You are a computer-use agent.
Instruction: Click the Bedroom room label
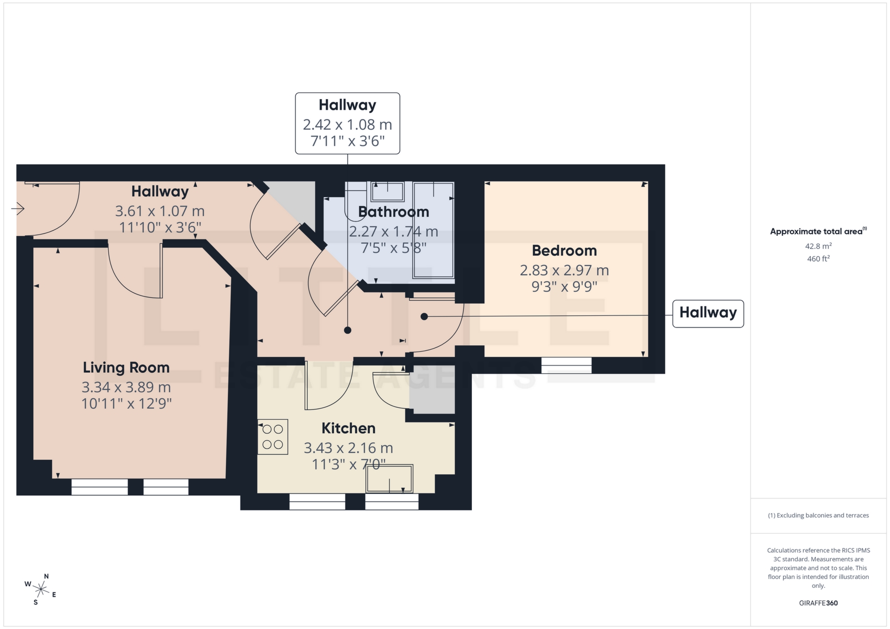point(564,251)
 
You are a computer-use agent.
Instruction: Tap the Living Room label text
point(126,367)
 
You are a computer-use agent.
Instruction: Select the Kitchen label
point(348,428)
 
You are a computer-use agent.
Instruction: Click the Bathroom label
point(394,212)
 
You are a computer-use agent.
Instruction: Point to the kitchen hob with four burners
point(273,437)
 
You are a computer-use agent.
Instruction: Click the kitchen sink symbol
point(389,478)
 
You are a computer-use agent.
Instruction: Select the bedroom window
point(566,365)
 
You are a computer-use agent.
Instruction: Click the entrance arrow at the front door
point(18,209)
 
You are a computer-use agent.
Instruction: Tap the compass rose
point(41,589)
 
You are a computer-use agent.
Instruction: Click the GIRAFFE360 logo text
point(818,603)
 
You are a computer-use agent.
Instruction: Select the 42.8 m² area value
point(818,246)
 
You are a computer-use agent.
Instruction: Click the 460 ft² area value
point(818,259)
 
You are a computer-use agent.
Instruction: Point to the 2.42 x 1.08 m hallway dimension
point(347,125)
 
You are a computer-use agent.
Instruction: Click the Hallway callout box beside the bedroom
point(708,313)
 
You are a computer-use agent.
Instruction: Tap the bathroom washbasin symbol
point(388,191)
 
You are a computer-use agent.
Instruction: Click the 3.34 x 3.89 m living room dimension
point(126,387)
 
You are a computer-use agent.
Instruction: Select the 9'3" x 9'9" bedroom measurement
point(564,287)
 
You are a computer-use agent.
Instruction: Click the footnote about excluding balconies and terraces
point(818,516)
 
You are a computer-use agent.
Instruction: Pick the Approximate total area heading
point(816,232)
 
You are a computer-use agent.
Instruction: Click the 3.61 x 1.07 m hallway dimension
point(160,211)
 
